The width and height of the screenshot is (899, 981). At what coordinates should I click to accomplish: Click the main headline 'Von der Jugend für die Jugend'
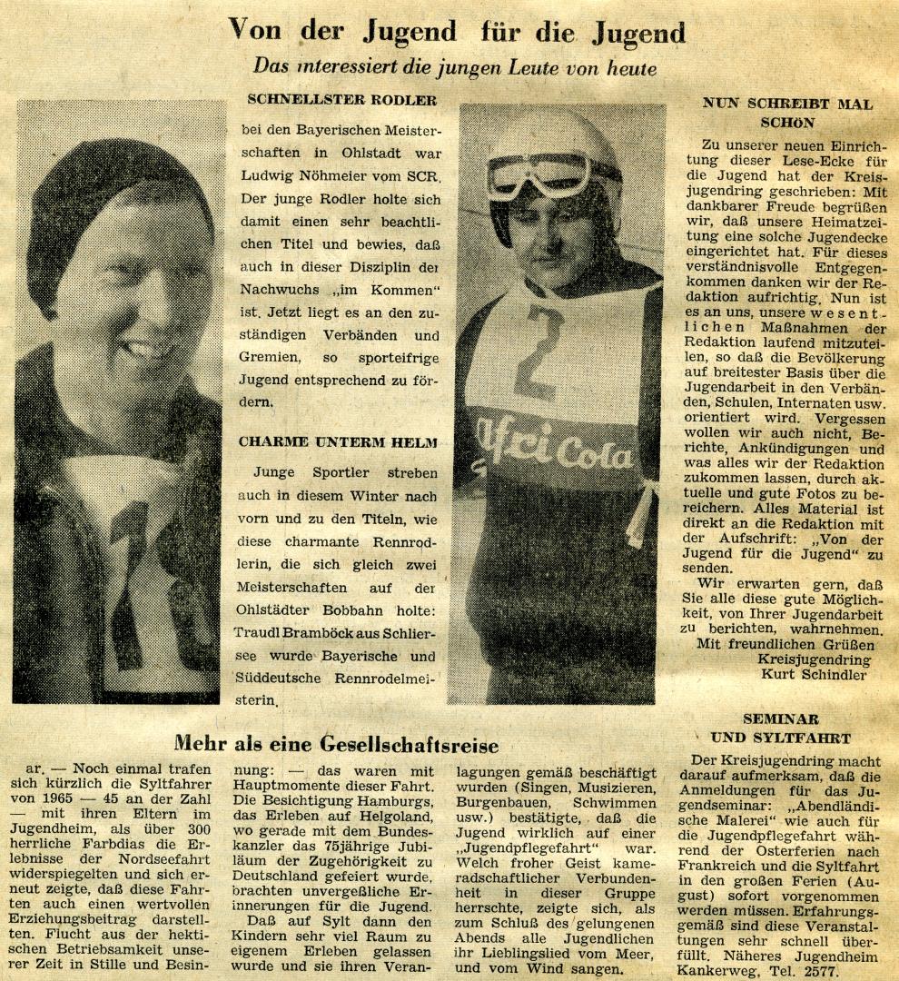(x=457, y=33)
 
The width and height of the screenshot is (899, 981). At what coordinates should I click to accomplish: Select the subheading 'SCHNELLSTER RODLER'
(x=341, y=100)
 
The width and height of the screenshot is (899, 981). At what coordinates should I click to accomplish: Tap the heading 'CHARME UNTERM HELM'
(x=338, y=442)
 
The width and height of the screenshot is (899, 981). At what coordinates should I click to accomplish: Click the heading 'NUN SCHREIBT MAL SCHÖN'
(x=786, y=113)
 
